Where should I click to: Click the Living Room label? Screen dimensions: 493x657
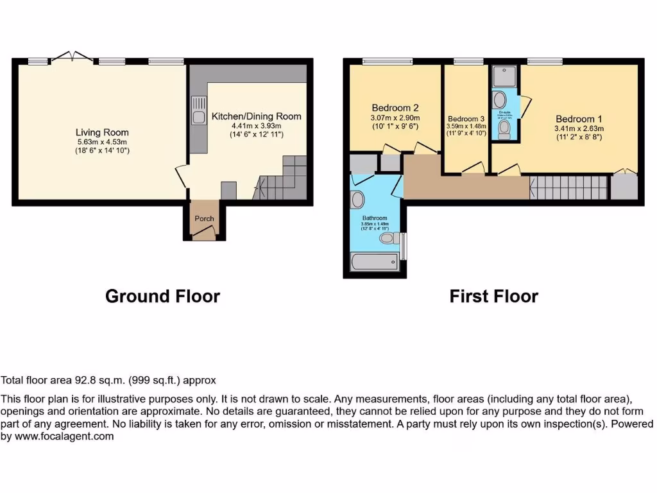click(x=103, y=132)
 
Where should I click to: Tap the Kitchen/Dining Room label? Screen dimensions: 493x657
click(x=256, y=116)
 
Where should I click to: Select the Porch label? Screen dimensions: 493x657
click(x=204, y=218)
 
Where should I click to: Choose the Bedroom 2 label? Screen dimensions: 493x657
click(x=395, y=108)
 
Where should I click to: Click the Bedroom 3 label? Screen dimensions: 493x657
click(x=466, y=119)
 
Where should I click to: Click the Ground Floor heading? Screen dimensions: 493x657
click(x=162, y=296)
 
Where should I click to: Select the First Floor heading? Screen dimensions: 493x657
click(x=493, y=296)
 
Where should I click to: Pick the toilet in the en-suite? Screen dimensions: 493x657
click(x=504, y=130)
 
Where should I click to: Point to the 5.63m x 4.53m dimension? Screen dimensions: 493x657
click(x=103, y=142)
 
